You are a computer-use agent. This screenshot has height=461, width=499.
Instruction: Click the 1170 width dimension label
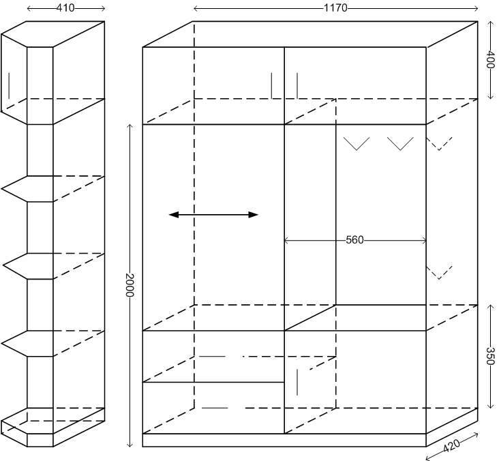click(x=336, y=8)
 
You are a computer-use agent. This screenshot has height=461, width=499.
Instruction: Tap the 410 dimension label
click(x=65, y=8)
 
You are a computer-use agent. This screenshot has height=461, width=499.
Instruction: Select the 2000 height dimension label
click(x=130, y=286)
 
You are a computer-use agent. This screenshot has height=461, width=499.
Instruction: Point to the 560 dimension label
click(x=354, y=240)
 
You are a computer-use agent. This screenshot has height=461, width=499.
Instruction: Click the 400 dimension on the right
click(x=489, y=60)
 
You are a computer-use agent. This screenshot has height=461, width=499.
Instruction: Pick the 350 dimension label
click(x=489, y=356)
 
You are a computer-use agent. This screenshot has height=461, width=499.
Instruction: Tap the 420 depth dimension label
click(x=451, y=447)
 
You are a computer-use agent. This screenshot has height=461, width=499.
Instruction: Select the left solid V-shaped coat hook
click(x=356, y=144)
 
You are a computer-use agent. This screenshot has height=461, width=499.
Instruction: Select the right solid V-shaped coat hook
click(x=400, y=144)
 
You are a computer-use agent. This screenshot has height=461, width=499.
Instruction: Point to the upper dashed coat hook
click(x=439, y=143)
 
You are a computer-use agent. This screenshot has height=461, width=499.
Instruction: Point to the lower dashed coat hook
click(x=439, y=272)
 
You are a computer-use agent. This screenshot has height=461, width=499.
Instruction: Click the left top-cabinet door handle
click(x=271, y=85)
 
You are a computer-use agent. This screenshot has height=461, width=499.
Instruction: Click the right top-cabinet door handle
click(x=297, y=85)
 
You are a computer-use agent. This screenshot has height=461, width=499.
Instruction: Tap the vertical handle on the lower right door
click(x=298, y=382)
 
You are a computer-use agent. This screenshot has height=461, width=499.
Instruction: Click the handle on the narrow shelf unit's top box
click(x=9, y=86)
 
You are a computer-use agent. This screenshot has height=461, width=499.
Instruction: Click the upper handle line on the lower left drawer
click(x=211, y=356)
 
